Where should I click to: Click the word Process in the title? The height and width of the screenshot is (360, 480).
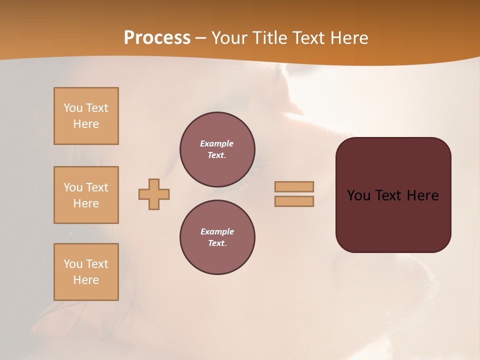[x=157, y=37]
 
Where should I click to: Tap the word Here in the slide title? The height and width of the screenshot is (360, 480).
[x=348, y=38]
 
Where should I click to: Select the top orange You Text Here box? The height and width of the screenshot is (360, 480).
[x=86, y=116]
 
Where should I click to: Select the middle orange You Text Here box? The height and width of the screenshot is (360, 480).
[x=86, y=195]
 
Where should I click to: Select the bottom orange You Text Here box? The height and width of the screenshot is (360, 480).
[x=86, y=272]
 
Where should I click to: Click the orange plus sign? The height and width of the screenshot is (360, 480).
[x=154, y=194]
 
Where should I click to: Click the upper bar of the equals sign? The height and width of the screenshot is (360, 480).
[x=294, y=186]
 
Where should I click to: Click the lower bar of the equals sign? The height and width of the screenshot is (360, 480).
[x=294, y=201]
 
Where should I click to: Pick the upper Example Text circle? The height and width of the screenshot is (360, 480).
[x=217, y=149]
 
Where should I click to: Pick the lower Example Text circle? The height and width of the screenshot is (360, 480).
[x=217, y=237]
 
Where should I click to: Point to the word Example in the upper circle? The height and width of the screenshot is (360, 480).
[x=217, y=143]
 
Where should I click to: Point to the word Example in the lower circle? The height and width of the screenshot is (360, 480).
[x=217, y=231]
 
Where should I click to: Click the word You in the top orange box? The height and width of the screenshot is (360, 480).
[x=73, y=108]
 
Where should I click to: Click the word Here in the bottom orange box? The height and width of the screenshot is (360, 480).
[x=86, y=280]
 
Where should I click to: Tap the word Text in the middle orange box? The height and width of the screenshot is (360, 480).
[x=97, y=187]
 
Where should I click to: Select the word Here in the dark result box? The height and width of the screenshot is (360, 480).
[x=422, y=195]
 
